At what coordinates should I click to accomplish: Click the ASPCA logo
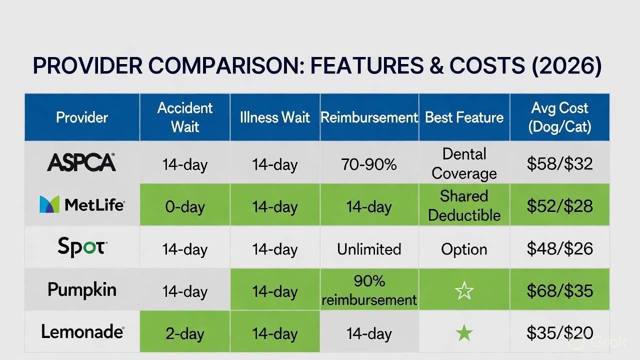pos(81,162)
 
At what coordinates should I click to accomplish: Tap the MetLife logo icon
pos(49,204)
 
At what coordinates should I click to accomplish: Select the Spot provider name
pos(82,247)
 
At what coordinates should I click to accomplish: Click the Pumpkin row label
pos(82,289)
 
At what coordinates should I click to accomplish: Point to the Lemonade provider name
pos(82,331)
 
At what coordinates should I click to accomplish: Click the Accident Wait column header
pos(185,117)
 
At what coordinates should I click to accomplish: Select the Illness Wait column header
pos(275,117)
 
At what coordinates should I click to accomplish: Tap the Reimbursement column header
pos(369,117)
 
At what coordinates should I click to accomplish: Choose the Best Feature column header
pos(464,117)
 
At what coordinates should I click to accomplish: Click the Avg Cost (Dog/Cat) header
pos(560,117)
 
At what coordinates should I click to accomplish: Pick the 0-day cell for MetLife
pos(185,206)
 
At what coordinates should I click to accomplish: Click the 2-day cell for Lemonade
pos(185,333)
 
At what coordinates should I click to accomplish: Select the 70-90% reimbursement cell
pos(369,164)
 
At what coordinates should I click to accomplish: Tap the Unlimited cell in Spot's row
pos(369,249)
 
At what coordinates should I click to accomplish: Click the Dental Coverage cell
pos(464,163)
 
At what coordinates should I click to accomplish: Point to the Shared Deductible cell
pos(464,205)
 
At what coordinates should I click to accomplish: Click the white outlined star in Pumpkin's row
pos(464,290)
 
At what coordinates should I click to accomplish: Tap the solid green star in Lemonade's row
pos(464,333)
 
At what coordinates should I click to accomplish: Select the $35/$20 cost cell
pos(560,333)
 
